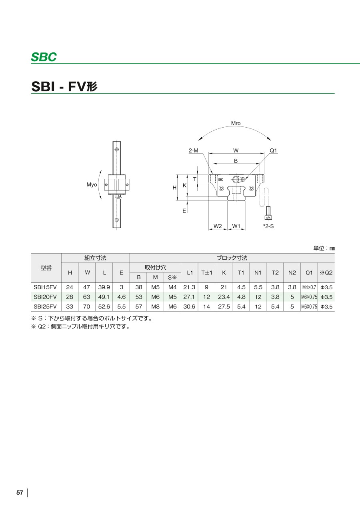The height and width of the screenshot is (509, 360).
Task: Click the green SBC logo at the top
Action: tap(44, 57)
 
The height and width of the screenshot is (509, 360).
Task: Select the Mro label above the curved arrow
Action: tap(236, 123)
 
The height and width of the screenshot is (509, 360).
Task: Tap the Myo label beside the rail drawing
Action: tap(92, 184)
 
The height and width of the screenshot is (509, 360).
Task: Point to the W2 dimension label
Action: tap(218, 226)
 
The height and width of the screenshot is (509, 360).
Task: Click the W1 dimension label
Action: tap(236, 226)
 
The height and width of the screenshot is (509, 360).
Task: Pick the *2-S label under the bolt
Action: tap(268, 226)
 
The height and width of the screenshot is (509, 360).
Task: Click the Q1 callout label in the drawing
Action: tap(273, 150)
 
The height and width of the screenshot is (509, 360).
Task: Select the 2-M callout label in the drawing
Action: tap(194, 150)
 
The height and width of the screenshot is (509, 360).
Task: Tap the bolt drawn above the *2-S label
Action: tap(268, 213)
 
